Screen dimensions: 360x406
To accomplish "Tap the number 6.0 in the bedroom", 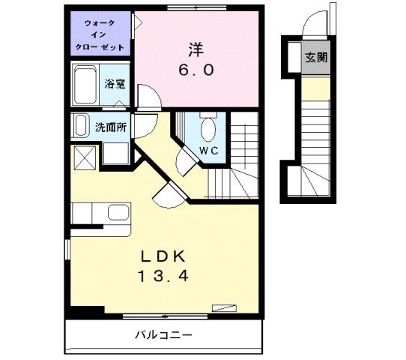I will (197, 70).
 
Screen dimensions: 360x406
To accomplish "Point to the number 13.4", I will (162, 276).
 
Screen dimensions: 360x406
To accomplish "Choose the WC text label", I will (207, 150).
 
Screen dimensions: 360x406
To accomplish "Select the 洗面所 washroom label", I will (109, 127).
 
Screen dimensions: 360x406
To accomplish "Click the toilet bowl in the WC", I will (207, 129).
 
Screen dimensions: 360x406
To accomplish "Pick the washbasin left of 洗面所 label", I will (79, 126).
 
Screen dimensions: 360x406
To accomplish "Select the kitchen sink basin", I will (119, 211).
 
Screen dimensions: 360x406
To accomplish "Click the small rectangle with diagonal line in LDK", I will (223, 307).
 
